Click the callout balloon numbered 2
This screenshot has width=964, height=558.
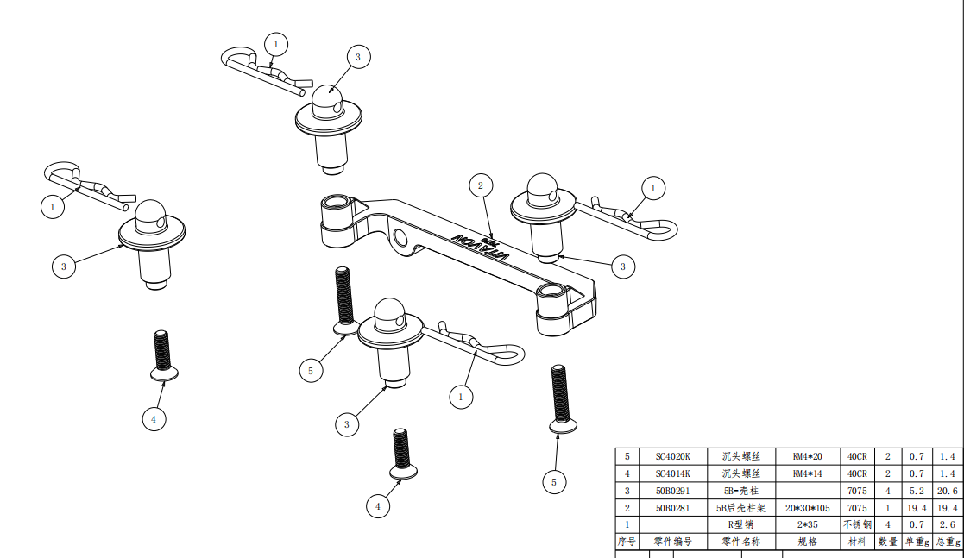coord(481,185)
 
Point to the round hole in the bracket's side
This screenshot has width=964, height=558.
coord(399,238)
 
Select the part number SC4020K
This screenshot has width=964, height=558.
coord(673,456)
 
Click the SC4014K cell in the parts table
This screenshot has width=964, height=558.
coord(673,473)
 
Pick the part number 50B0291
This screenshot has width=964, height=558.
coord(673,491)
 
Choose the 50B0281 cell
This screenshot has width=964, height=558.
coord(673,508)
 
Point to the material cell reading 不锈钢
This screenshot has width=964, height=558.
coord(857,524)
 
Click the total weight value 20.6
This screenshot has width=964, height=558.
coord(947,491)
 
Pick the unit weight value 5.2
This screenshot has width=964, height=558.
coord(917,491)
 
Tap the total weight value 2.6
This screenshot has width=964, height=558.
coord(947,524)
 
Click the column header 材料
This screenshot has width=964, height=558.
coord(857,542)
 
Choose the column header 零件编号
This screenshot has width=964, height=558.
coord(673,542)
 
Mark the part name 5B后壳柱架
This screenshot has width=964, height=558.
coord(740,508)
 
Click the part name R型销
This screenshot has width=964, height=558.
coord(740,524)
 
